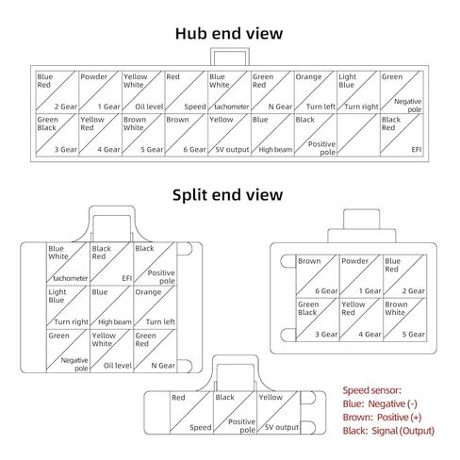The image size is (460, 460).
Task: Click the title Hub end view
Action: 229,34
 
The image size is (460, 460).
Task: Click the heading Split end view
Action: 227,195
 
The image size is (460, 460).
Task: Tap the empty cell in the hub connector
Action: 358,135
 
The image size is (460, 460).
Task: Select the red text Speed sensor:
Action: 371,390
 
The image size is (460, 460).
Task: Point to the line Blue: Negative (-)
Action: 380,403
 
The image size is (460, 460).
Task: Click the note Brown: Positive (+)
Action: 382,418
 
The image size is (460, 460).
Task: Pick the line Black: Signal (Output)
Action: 388,431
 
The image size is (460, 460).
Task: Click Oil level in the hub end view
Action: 149,107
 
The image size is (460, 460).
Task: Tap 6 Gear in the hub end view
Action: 194,150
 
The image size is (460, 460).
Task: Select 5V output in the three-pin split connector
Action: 282,427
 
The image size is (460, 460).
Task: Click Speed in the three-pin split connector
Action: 201,427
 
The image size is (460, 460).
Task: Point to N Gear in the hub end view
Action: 280,107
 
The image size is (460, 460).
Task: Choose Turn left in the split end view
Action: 160,321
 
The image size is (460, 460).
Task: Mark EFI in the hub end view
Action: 417,150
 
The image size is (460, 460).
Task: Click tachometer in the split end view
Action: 71,278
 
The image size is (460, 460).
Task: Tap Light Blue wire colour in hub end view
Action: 347,81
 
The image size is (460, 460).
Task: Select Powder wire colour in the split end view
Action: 354,261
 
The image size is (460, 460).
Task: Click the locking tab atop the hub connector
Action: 230,57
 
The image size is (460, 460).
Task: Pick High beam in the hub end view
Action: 275,150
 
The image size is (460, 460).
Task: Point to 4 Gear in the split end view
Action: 370,335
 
